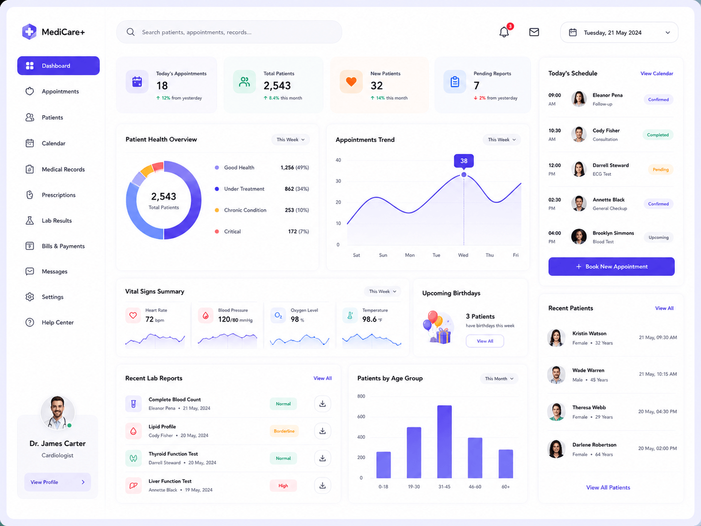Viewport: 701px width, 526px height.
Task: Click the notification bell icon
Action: point(504,32)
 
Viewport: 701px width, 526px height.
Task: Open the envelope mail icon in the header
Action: point(534,32)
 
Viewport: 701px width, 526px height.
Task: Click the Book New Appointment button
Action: point(611,266)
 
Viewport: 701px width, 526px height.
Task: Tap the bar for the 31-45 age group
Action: point(444,442)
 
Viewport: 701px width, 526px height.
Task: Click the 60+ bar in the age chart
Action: point(505,464)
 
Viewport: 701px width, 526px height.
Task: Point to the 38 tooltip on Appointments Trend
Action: point(464,161)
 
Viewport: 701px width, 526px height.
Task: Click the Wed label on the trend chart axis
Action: point(463,255)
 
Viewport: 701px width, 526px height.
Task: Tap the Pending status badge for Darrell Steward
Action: point(660,169)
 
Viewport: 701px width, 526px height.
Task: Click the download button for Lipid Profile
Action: point(322,431)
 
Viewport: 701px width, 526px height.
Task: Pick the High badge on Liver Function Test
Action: point(283,485)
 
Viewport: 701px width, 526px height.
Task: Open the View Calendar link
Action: point(656,74)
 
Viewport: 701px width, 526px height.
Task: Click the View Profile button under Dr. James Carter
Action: point(58,482)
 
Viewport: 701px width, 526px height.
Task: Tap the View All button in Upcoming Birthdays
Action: point(485,341)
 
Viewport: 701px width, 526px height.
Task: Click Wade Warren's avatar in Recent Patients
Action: point(556,374)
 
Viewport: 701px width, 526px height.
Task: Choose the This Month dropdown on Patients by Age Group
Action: point(499,378)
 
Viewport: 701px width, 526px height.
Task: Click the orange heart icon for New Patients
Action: point(351,82)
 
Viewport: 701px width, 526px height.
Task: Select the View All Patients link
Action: point(608,487)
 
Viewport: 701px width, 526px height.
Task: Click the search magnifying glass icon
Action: point(130,32)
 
